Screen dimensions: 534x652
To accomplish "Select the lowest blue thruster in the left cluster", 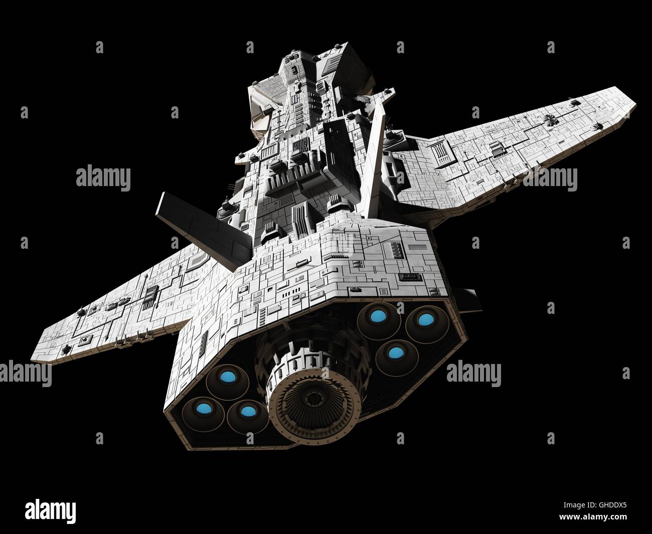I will coord(245,412).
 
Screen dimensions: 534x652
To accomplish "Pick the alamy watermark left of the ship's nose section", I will coord(103,177).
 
